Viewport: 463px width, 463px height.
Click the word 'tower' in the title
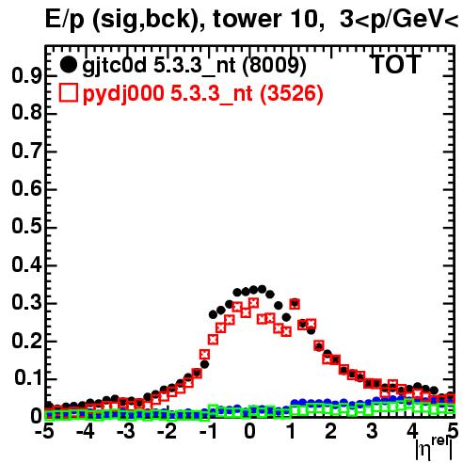pos(246,19)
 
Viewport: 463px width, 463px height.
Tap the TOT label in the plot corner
pos(396,64)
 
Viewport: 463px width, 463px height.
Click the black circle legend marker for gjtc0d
pos(68,65)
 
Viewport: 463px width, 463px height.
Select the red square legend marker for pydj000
pos(68,93)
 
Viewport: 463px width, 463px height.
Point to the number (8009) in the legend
pos(274,65)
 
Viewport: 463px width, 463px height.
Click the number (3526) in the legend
pos(292,93)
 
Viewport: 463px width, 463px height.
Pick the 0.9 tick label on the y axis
pos(26,75)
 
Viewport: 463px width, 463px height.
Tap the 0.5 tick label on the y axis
pos(26,228)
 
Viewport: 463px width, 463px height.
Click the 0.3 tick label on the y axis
pos(26,303)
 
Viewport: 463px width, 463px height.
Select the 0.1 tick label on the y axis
pos(27,379)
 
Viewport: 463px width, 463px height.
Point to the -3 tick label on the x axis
pos(126,431)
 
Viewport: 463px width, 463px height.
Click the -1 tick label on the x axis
pos(208,431)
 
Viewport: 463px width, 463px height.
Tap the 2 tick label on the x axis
pos(331,431)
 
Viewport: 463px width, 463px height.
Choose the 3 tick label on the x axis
pos(373,431)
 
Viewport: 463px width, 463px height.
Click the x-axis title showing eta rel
pos(434,448)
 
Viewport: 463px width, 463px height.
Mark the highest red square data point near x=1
pos(295,304)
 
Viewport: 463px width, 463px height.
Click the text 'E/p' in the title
pos(65,20)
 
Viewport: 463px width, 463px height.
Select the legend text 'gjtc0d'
pos(115,66)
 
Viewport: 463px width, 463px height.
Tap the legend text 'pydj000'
pos(123,94)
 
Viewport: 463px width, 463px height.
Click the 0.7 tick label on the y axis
pos(26,152)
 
